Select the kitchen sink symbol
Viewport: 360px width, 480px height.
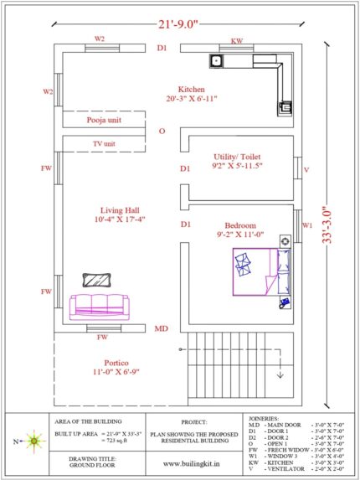[x=217, y=61]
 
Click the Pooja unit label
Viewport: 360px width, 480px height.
[x=107, y=121]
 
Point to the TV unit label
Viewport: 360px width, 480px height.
[x=104, y=144]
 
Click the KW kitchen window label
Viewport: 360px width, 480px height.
[x=238, y=39]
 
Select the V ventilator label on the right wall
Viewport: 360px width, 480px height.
[x=306, y=170]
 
